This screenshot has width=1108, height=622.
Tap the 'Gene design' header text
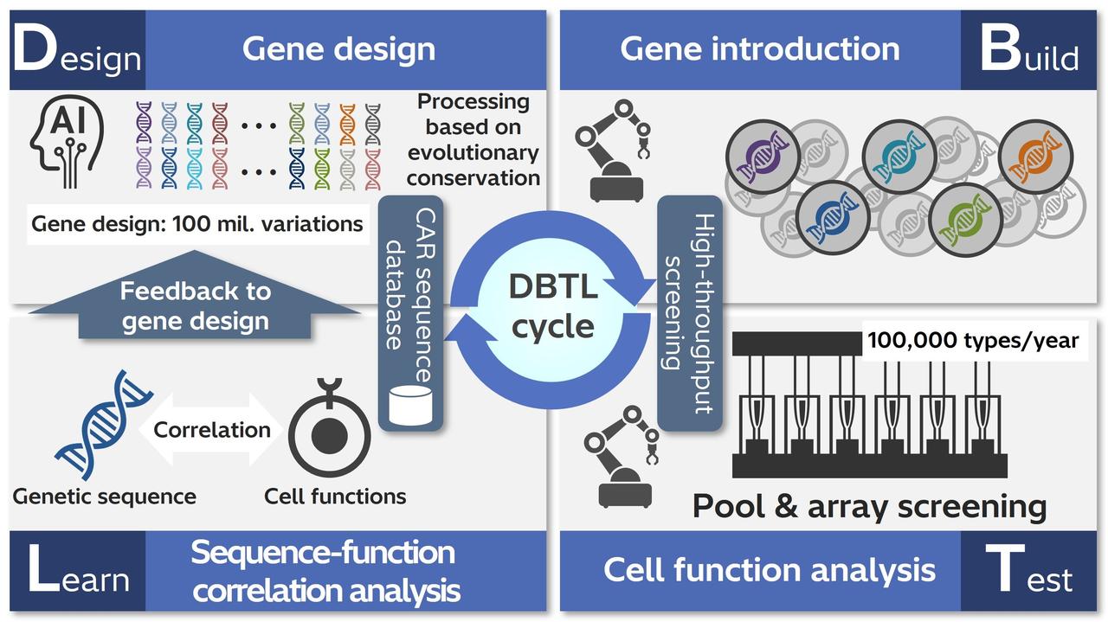coord(338,49)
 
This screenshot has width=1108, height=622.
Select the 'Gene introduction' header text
coord(759,49)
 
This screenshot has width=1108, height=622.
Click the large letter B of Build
coord(1001,52)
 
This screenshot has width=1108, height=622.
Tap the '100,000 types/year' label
coord(973,340)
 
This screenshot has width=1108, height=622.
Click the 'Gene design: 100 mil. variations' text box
coord(197,224)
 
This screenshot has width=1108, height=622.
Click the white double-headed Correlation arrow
coord(211,429)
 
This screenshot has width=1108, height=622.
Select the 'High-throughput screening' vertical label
coord(688,311)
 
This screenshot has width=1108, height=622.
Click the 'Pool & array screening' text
coord(869,505)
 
